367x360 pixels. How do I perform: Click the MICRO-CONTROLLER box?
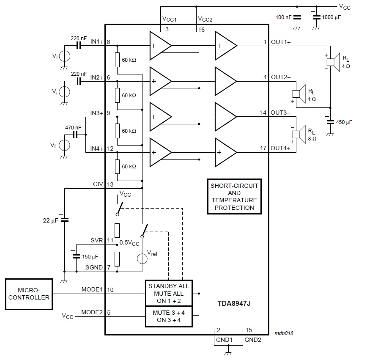[x=29, y=294]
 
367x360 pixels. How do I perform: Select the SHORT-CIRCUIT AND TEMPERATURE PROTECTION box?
[x=234, y=197]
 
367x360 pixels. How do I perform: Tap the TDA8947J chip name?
[x=234, y=304]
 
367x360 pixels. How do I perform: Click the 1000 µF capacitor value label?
[x=331, y=17]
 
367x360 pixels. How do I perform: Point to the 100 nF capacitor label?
[x=283, y=17]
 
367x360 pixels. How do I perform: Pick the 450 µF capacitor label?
[x=344, y=122]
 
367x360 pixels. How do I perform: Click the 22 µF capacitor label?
[x=51, y=221]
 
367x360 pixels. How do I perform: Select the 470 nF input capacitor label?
[x=73, y=128]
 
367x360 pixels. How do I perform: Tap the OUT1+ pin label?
[x=281, y=42]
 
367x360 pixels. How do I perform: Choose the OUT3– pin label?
[x=280, y=113]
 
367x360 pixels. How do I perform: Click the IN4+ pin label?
[x=97, y=148]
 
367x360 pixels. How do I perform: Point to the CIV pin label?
[x=98, y=184]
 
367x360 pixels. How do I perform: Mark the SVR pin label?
[x=97, y=240]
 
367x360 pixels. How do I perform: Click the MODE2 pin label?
[x=92, y=312]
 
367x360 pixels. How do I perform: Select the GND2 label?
[x=252, y=340]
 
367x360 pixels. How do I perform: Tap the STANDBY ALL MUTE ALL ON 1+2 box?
[x=169, y=293]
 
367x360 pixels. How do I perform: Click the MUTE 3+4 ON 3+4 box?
[x=169, y=316]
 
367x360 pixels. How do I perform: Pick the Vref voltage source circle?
[x=142, y=258]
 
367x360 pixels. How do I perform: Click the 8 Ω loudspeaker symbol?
[x=299, y=135]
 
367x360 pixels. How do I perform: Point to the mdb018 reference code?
[x=284, y=333]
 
